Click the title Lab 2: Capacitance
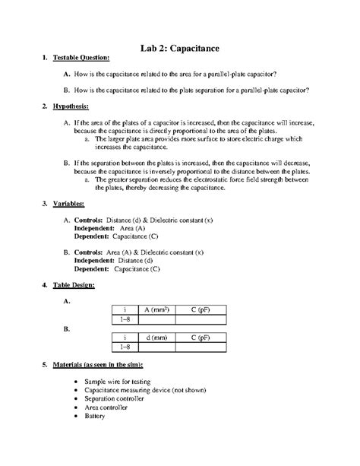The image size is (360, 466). pos(180,48)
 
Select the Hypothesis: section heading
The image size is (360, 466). pos(71,107)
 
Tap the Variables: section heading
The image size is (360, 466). pos(68,205)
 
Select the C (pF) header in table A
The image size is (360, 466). pos(202,310)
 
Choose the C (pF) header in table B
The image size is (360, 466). pos(202,337)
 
